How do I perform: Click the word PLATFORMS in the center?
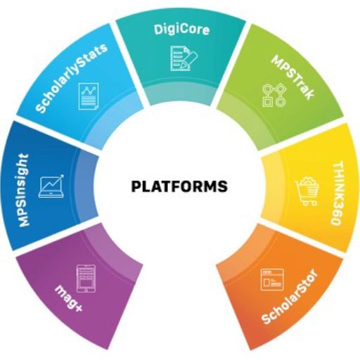pos(179,186)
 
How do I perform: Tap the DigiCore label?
pos(181,30)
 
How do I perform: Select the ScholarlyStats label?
pos(72,77)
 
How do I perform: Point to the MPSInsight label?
pos(24,190)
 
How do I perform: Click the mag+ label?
pos(69,298)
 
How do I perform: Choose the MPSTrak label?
pos(292,77)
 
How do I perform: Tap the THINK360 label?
pos(338,193)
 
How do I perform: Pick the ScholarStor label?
pos(290,297)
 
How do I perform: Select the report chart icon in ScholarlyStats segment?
pos(89,96)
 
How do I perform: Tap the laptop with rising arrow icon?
pos(51,186)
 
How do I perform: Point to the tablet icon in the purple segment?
pos(86,278)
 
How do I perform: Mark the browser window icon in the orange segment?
pos(272,280)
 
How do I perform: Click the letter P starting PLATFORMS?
pos(136,186)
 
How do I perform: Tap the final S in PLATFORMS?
pos(222,186)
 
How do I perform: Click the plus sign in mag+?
pos(78,308)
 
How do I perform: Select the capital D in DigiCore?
pos(158,30)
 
